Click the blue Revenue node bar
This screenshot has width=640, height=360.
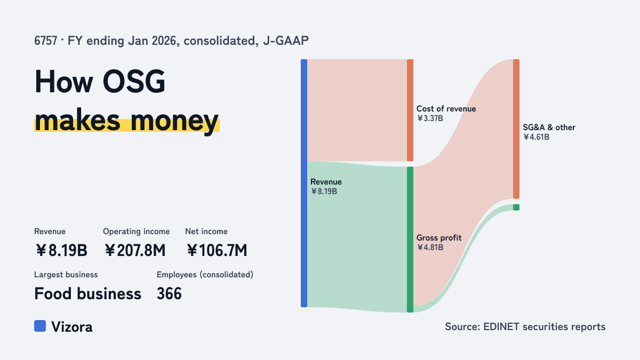pos(304,183)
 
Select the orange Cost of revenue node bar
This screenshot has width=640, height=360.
pos(410,110)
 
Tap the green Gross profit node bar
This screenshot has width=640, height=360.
pos(410,239)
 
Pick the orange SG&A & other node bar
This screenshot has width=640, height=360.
pos(516,129)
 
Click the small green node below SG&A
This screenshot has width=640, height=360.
pos(516,207)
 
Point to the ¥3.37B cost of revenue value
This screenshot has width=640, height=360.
pos(430,118)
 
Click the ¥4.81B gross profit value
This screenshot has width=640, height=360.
pos(430,247)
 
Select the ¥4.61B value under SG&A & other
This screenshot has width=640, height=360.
pos(537,137)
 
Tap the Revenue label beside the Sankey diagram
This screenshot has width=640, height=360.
pos(326,182)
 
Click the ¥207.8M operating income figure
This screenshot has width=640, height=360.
pos(135,250)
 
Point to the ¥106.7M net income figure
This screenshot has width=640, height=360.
pos(217,250)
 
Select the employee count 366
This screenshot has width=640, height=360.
pos(169,294)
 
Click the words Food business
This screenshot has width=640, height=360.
pos(87,294)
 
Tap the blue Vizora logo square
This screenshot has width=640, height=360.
pos(40,326)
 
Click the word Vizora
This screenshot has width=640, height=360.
pos(71,327)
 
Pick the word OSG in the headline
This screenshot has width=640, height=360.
pos(134,82)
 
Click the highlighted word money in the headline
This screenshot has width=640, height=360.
pos(174,121)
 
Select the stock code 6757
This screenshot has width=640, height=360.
pos(46,41)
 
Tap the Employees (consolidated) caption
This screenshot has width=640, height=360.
pos(205,275)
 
